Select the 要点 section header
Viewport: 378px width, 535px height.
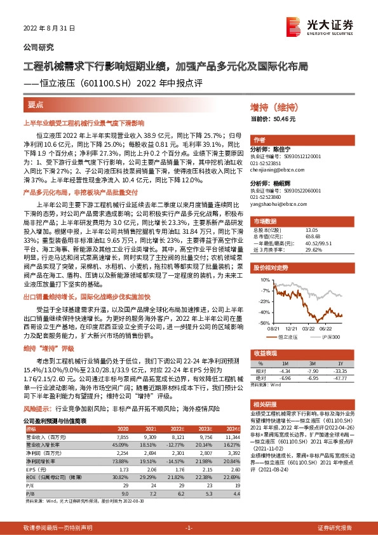(36, 104)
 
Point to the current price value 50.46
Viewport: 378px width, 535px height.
(285, 119)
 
